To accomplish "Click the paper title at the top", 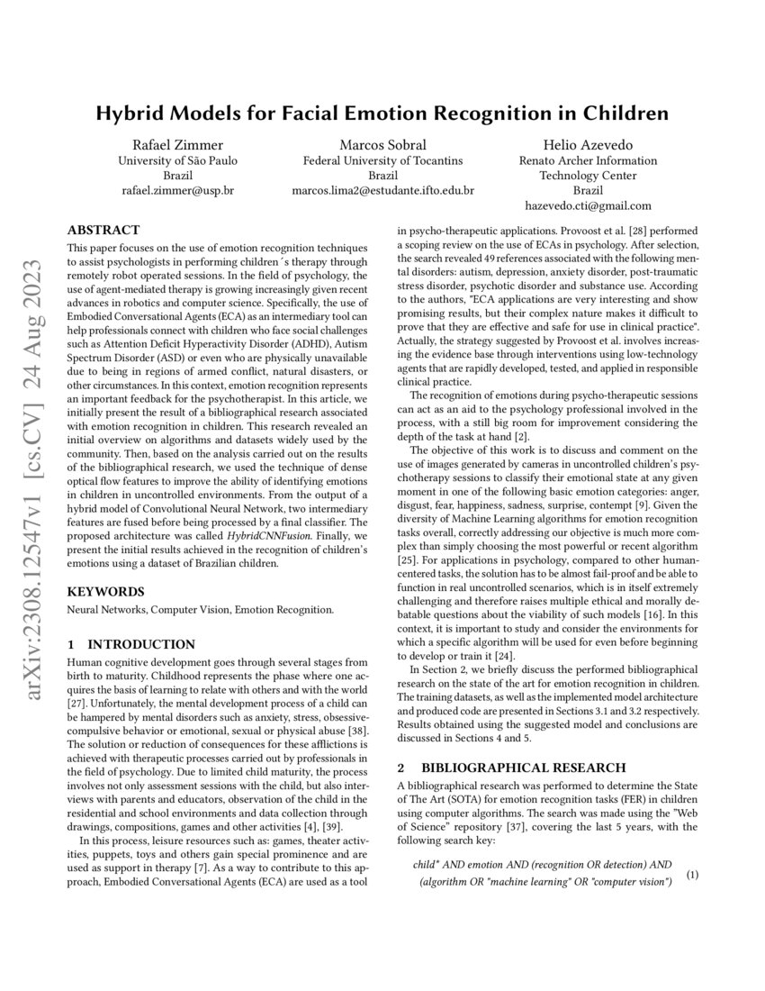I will [x=382, y=114].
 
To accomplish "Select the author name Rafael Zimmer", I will [x=177, y=145].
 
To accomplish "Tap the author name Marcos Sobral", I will [x=382, y=145].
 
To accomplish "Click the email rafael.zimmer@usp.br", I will [x=177, y=191].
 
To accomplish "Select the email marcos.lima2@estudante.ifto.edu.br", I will [x=382, y=191].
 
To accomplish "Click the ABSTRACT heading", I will [x=103, y=231].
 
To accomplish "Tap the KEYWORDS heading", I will [x=105, y=592].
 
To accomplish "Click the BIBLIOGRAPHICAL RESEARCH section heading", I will [x=523, y=768].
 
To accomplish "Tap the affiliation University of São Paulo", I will [x=177, y=160].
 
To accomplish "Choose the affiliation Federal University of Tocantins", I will [x=382, y=160].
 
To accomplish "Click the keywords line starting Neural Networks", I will [x=200, y=610].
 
